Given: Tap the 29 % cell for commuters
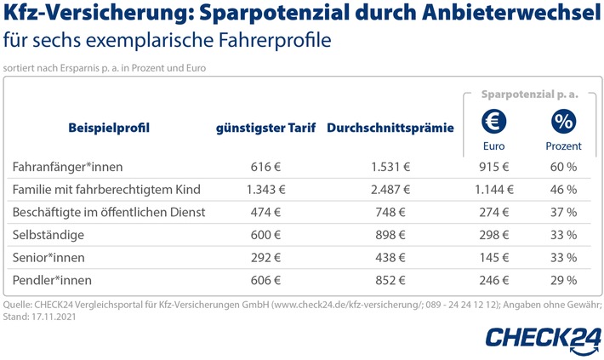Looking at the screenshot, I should tap(562, 278).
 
